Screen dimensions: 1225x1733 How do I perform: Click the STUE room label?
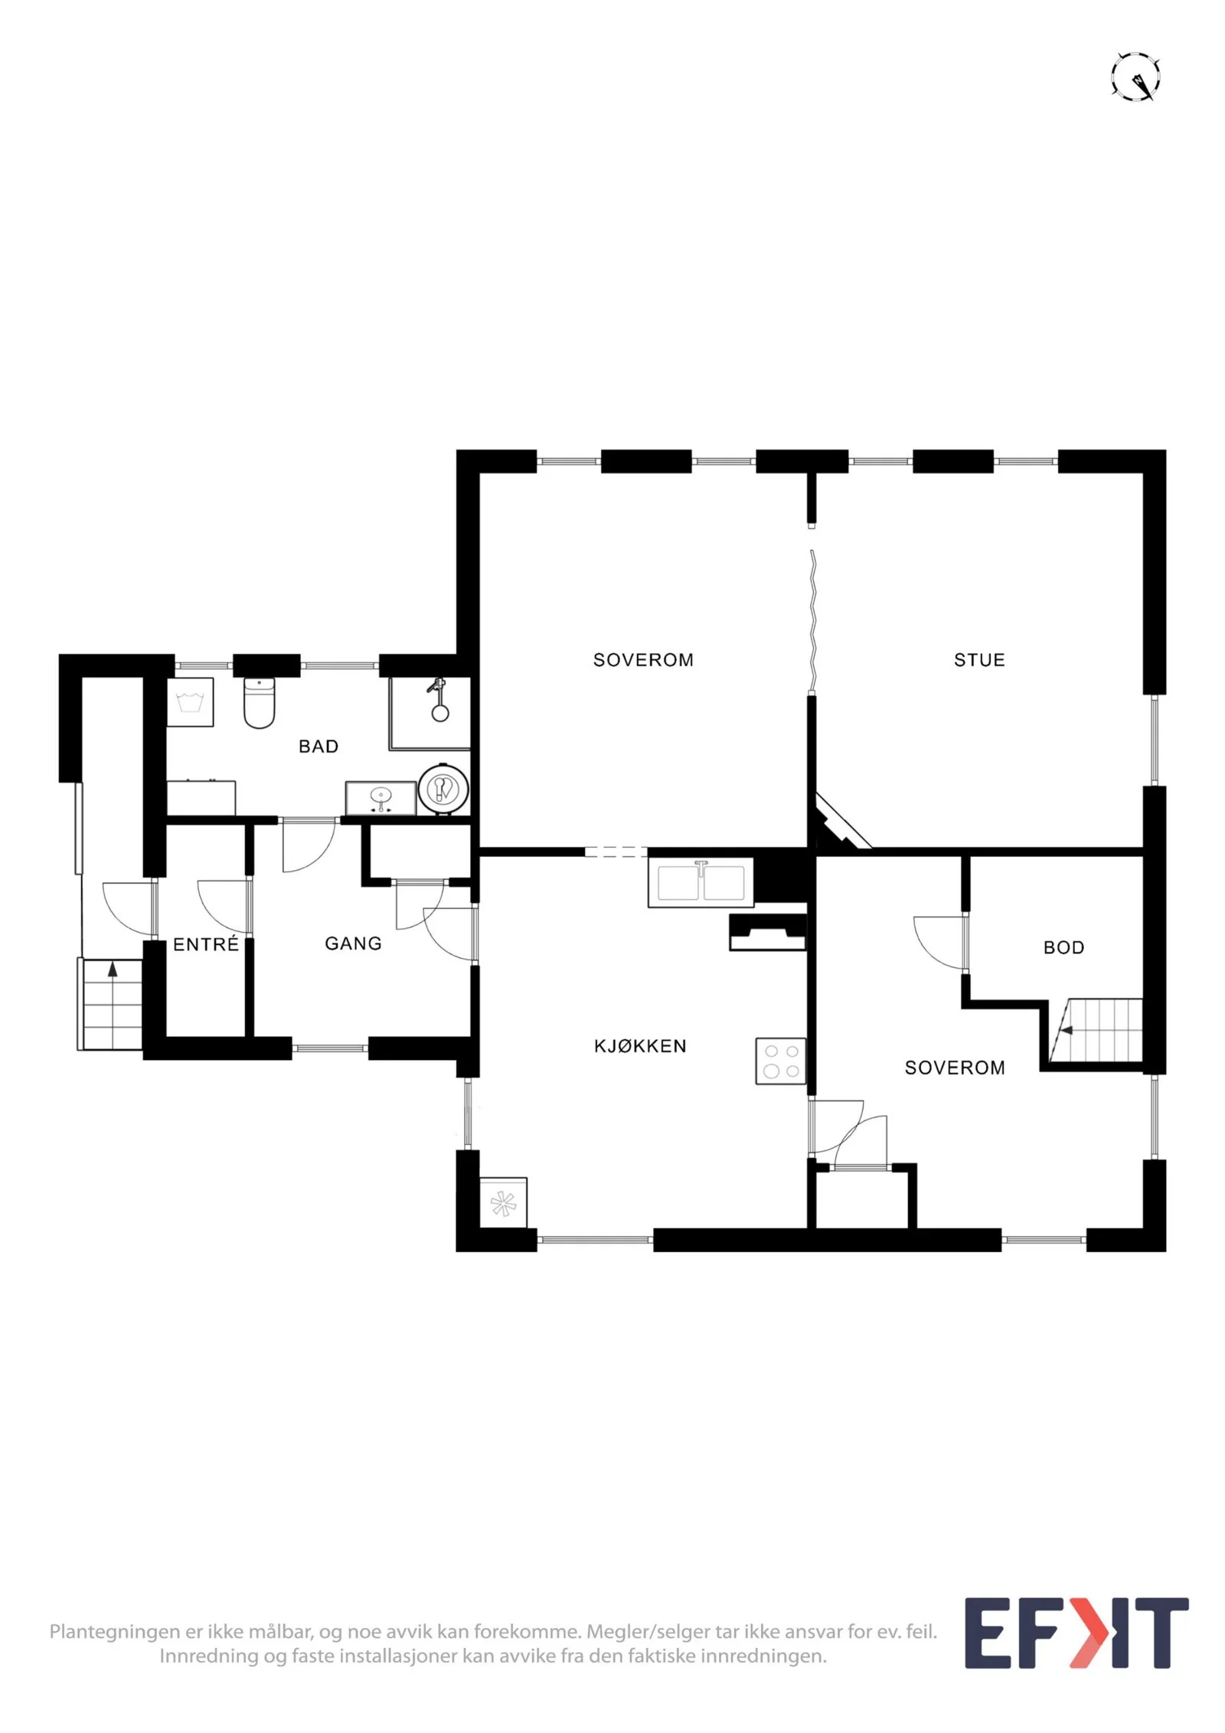click(978, 660)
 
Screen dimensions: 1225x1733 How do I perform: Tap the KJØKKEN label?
click(640, 1046)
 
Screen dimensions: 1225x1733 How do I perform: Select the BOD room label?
click(1063, 948)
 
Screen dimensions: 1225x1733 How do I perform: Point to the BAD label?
click(318, 747)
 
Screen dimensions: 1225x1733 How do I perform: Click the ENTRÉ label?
click(206, 944)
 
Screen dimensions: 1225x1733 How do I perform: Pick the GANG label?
click(353, 943)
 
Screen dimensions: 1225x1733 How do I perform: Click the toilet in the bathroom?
click(259, 702)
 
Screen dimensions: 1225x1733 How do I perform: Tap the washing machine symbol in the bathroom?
click(190, 701)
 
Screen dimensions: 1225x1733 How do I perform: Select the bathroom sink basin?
click(381, 798)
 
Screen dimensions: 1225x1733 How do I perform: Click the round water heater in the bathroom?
click(443, 788)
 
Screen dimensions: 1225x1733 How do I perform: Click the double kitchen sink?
click(700, 882)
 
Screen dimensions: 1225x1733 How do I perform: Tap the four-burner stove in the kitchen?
click(780, 1061)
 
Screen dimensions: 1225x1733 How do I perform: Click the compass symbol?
click(1135, 77)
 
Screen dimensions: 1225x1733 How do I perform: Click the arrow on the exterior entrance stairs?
click(113, 969)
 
